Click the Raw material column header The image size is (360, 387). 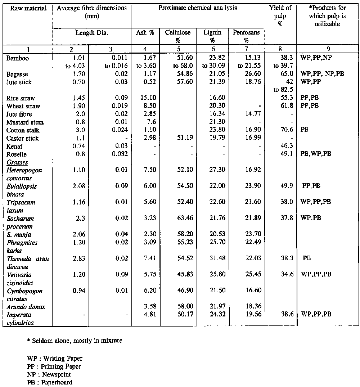click(27, 8)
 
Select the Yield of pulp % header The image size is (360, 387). click(280, 16)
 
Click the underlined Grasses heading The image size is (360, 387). click(17, 162)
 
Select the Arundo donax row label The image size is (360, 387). click(24, 307)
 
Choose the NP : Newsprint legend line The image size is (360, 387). click(49, 374)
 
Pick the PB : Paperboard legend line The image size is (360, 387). click(50, 382)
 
